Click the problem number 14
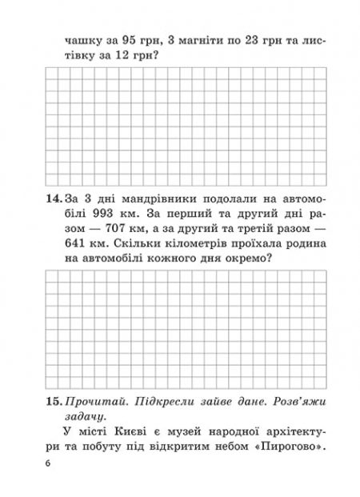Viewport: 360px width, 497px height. coord(48,198)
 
